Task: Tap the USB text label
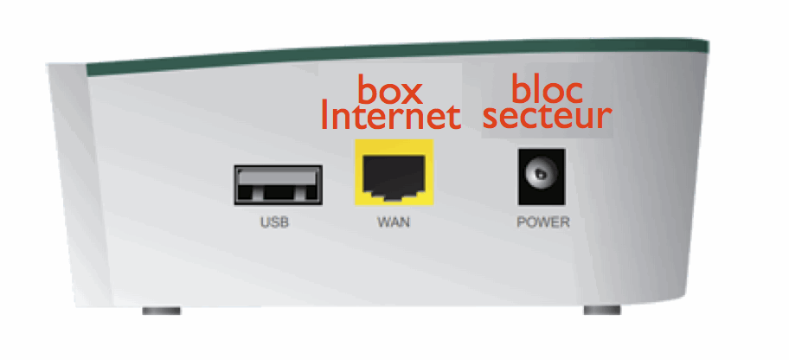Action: pos(274,222)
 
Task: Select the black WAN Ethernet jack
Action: pos(394,177)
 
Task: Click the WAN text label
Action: pos(394,222)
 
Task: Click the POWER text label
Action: pos(543,222)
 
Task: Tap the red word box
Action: pos(389,89)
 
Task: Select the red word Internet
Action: pos(389,117)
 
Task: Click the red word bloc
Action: pos(548,89)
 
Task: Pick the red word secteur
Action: pos(548,117)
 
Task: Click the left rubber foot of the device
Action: pos(160,309)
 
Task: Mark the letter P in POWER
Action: pos(522,222)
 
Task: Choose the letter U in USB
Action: pos(265,222)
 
